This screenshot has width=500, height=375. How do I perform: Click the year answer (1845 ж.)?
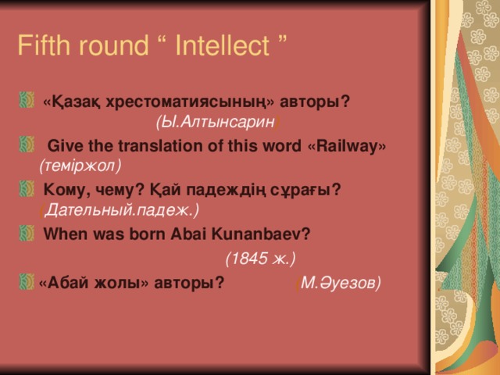259,258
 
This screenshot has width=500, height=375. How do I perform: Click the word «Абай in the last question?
63,283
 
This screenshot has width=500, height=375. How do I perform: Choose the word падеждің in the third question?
214,190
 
